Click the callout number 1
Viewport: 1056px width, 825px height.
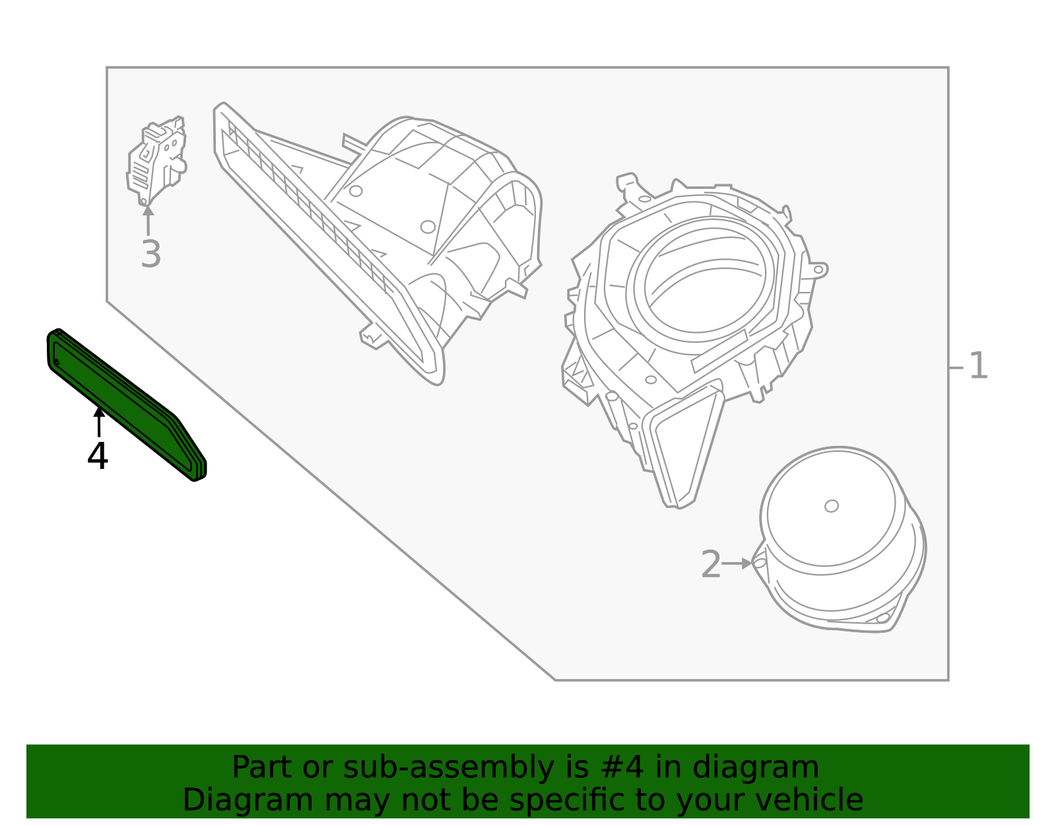pyautogui.click(x=978, y=366)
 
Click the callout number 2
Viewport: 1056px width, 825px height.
pyautogui.click(x=711, y=564)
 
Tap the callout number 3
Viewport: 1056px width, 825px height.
pyautogui.click(x=150, y=254)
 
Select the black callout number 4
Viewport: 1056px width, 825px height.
pyautogui.click(x=98, y=456)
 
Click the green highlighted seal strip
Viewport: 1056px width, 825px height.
pyautogui.click(x=125, y=403)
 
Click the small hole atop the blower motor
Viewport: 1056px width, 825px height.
pyautogui.click(x=832, y=506)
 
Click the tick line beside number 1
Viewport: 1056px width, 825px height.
pyautogui.click(x=956, y=367)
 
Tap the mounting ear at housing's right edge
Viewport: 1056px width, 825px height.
pyautogui.click(x=818, y=269)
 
